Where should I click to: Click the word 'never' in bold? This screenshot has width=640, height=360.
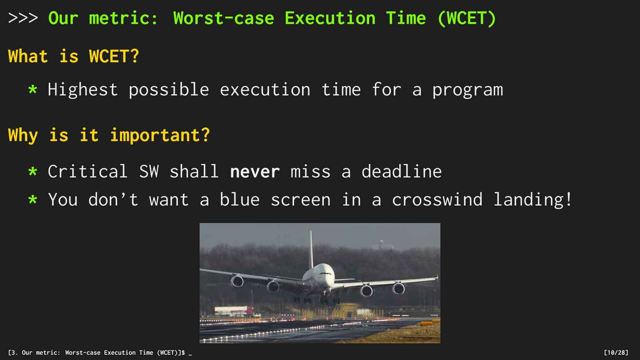coord(255,172)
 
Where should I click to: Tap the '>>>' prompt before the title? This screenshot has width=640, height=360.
coord(23,18)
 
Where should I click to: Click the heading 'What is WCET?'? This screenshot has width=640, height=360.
coord(74,56)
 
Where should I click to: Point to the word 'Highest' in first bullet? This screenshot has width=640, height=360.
coord(82,90)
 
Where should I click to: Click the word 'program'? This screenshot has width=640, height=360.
coord(468,91)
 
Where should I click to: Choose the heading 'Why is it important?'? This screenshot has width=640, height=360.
coord(109,136)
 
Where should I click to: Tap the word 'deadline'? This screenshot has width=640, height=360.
coord(401,172)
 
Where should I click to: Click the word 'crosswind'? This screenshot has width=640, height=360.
coord(437,199)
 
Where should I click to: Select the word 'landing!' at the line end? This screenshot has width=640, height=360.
coord(533,200)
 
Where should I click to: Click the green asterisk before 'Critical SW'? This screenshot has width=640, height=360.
coord(33,172)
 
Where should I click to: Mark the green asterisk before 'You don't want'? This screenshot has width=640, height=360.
coord(33,200)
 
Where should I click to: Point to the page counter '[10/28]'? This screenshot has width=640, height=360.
coord(616,353)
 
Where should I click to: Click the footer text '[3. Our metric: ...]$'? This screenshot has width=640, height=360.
coord(96,353)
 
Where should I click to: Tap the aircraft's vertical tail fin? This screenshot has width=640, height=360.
coord(311,250)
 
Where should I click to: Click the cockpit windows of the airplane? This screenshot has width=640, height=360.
coord(326,274)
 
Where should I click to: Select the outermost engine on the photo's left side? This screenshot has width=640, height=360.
coord(237,281)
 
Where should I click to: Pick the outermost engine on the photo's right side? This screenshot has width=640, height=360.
coord(399,288)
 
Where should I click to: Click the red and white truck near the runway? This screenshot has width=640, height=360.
coord(234,311)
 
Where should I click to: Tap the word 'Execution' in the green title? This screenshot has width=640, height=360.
coord(330,18)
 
